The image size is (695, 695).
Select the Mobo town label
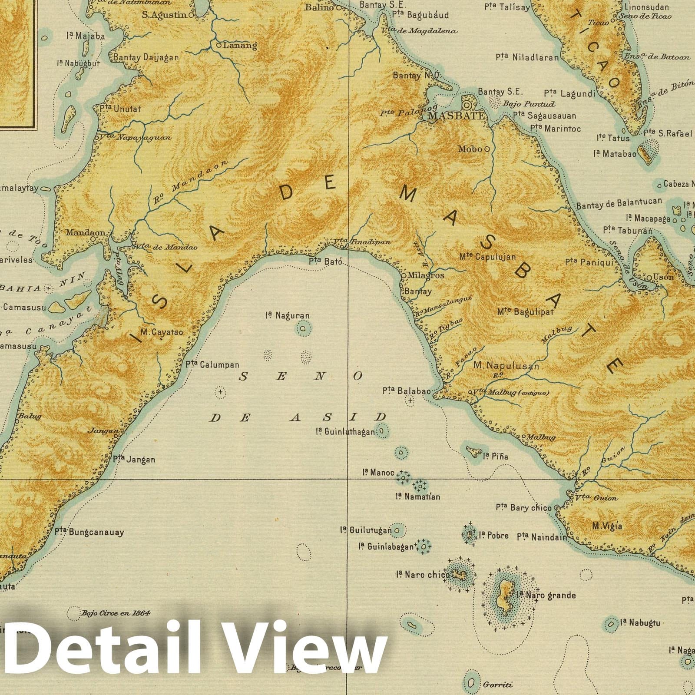pyautogui.click(x=470, y=149)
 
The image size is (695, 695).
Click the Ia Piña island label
pyautogui.click(x=496, y=457)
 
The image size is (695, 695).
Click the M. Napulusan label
pyautogui.click(x=506, y=366)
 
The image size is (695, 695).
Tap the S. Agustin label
pyautogui.click(x=164, y=14)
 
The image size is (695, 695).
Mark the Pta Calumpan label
pyautogui.click(x=212, y=365)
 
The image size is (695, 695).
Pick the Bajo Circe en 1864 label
pyautogui.click(x=115, y=613)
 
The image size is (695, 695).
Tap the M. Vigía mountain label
pyautogui.click(x=607, y=526)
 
